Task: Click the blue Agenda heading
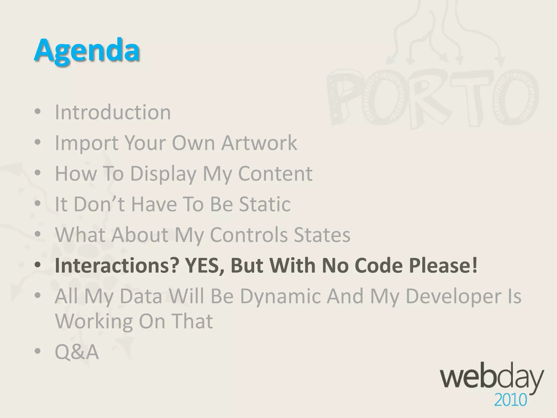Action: coord(87,50)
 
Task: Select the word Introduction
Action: coord(113,112)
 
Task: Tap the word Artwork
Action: coord(259,143)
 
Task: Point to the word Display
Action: coord(163,174)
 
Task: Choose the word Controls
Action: coord(249,235)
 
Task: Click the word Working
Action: coord(94,321)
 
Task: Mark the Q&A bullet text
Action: coord(77,352)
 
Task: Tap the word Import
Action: coord(86,143)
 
